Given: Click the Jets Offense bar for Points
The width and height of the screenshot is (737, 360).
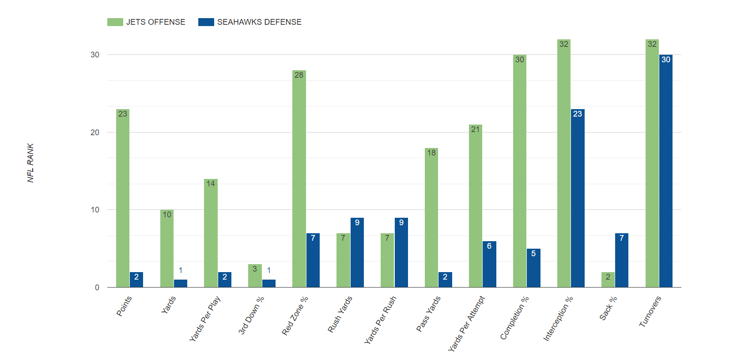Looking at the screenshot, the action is click(123, 198).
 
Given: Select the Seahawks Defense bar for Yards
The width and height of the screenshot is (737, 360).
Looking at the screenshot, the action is click(181, 283).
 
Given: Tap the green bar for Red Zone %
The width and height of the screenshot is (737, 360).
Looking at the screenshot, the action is click(299, 179).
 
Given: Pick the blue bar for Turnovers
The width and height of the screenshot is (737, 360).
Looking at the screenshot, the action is click(666, 171).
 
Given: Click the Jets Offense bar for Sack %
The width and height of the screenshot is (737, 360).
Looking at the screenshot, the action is click(608, 280).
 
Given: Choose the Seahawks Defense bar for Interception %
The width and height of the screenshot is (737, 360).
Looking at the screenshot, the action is click(578, 198).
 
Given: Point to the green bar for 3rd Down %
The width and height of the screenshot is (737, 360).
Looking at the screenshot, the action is click(255, 276).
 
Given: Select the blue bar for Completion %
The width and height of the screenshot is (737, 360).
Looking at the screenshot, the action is click(534, 268).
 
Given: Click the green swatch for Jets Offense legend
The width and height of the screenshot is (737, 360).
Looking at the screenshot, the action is click(115, 22).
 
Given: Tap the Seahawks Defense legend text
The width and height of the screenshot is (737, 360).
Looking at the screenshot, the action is click(259, 22).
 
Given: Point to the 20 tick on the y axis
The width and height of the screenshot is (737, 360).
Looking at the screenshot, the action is click(95, 132).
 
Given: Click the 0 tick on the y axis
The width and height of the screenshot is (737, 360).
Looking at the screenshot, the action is click(97, 288).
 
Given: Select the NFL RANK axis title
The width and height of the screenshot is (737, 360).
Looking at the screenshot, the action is click(30, 163).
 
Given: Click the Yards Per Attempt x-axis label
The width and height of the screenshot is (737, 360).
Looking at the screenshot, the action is click(467, 324).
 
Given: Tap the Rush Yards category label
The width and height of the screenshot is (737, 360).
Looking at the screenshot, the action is click(340, 314).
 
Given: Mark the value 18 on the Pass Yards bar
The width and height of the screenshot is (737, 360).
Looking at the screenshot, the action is click(431, 153).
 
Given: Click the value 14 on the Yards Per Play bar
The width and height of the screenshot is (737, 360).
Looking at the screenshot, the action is click(211, 184).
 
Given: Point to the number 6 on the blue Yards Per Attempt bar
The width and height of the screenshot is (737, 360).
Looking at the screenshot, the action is click(489, 246).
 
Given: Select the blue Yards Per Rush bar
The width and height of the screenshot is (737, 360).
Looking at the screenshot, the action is click(401, 252).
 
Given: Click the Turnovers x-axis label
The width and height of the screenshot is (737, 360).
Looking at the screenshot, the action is click(650, 311).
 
